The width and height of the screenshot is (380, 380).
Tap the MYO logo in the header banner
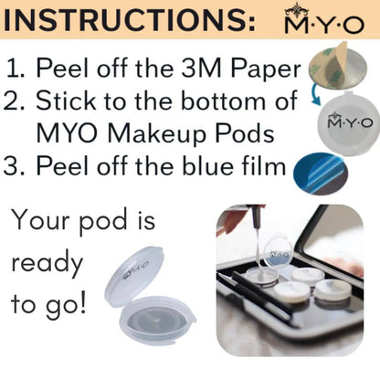pos(324,18)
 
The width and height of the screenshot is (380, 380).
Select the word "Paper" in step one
pos(266,69)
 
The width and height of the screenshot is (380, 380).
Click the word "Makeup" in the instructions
pos(157,134)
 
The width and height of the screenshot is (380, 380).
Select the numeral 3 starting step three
pos(10,166)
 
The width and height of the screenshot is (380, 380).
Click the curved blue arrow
pos(316,97)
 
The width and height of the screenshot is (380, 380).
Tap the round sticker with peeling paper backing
pos(337,66)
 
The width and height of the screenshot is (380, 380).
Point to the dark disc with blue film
pos(320,174)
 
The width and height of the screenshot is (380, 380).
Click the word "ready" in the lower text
pos(47,264)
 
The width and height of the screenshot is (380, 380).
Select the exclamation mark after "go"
pos(81,303)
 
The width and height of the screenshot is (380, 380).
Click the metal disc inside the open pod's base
pos(156,320)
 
